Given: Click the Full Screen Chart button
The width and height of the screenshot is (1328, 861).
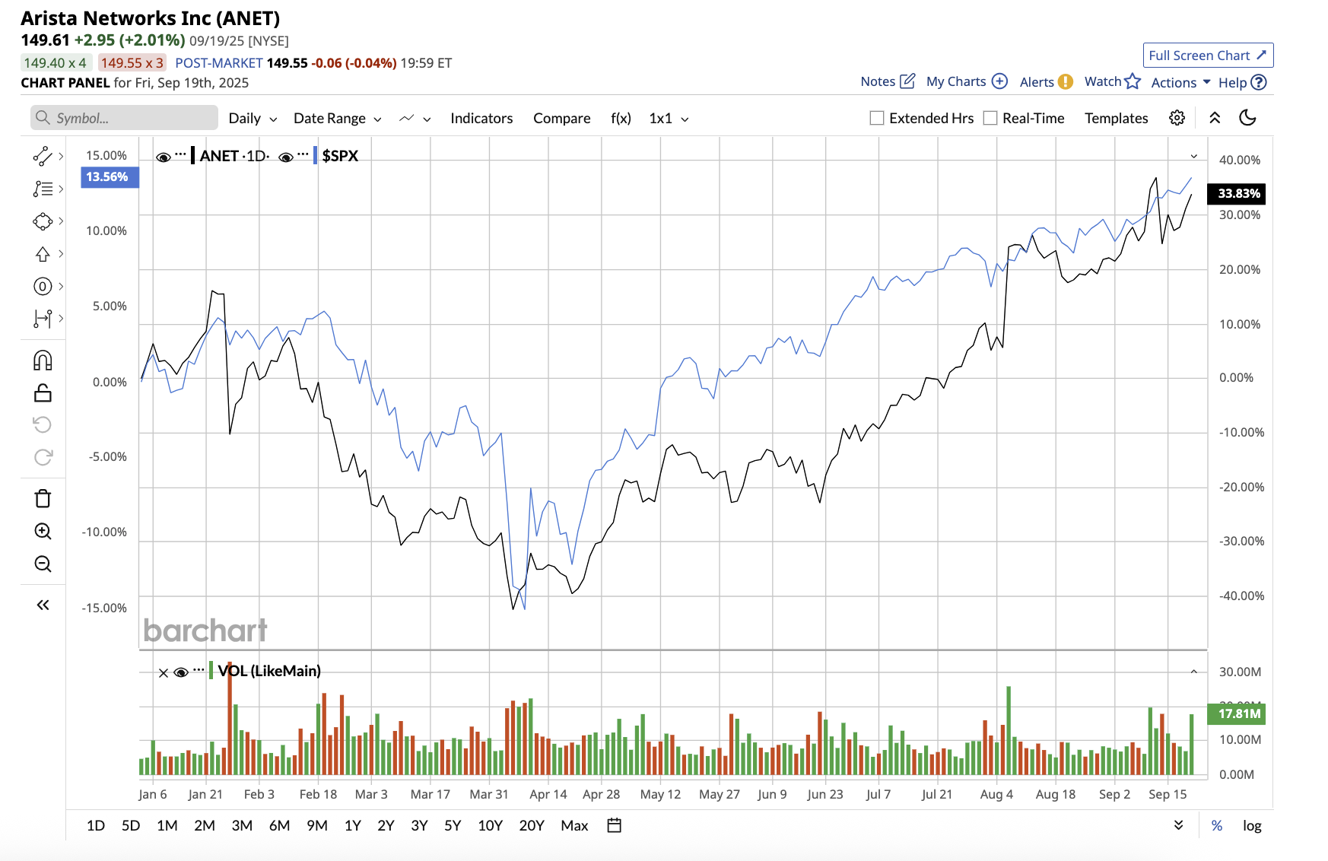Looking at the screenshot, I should coord(1207,56).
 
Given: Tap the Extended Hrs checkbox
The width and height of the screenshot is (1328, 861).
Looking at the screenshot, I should coord(877,118).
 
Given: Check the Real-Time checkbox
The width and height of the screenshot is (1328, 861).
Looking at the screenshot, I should coord(990,118).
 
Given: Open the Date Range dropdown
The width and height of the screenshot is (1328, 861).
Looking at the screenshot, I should coord(337,118).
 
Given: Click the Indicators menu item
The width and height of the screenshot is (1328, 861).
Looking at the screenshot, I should coord(481,118).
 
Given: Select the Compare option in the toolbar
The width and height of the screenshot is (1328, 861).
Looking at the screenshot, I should coord(561,118).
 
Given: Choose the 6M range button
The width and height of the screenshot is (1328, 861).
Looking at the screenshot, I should coord(279,825).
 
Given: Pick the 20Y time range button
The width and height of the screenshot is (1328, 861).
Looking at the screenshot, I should coord(531,825).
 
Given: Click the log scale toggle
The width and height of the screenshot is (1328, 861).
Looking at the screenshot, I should coord(1252,825).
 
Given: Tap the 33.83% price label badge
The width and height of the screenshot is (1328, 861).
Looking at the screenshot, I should coord(1238,193).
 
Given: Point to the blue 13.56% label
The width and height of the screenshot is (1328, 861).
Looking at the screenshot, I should coord(107,176).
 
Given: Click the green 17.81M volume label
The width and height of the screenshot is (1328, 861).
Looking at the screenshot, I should coord(1238,713).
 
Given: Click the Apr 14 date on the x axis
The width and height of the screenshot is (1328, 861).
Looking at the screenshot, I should coord(548,794).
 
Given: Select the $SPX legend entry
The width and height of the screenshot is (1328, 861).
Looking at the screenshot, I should coord(339,156).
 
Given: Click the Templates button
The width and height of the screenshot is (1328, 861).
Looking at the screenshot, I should coord(1116,118).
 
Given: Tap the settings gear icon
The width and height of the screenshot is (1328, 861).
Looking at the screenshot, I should coord(1177,118).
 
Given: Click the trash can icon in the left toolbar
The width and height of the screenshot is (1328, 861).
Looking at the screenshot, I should coord(43,499).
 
